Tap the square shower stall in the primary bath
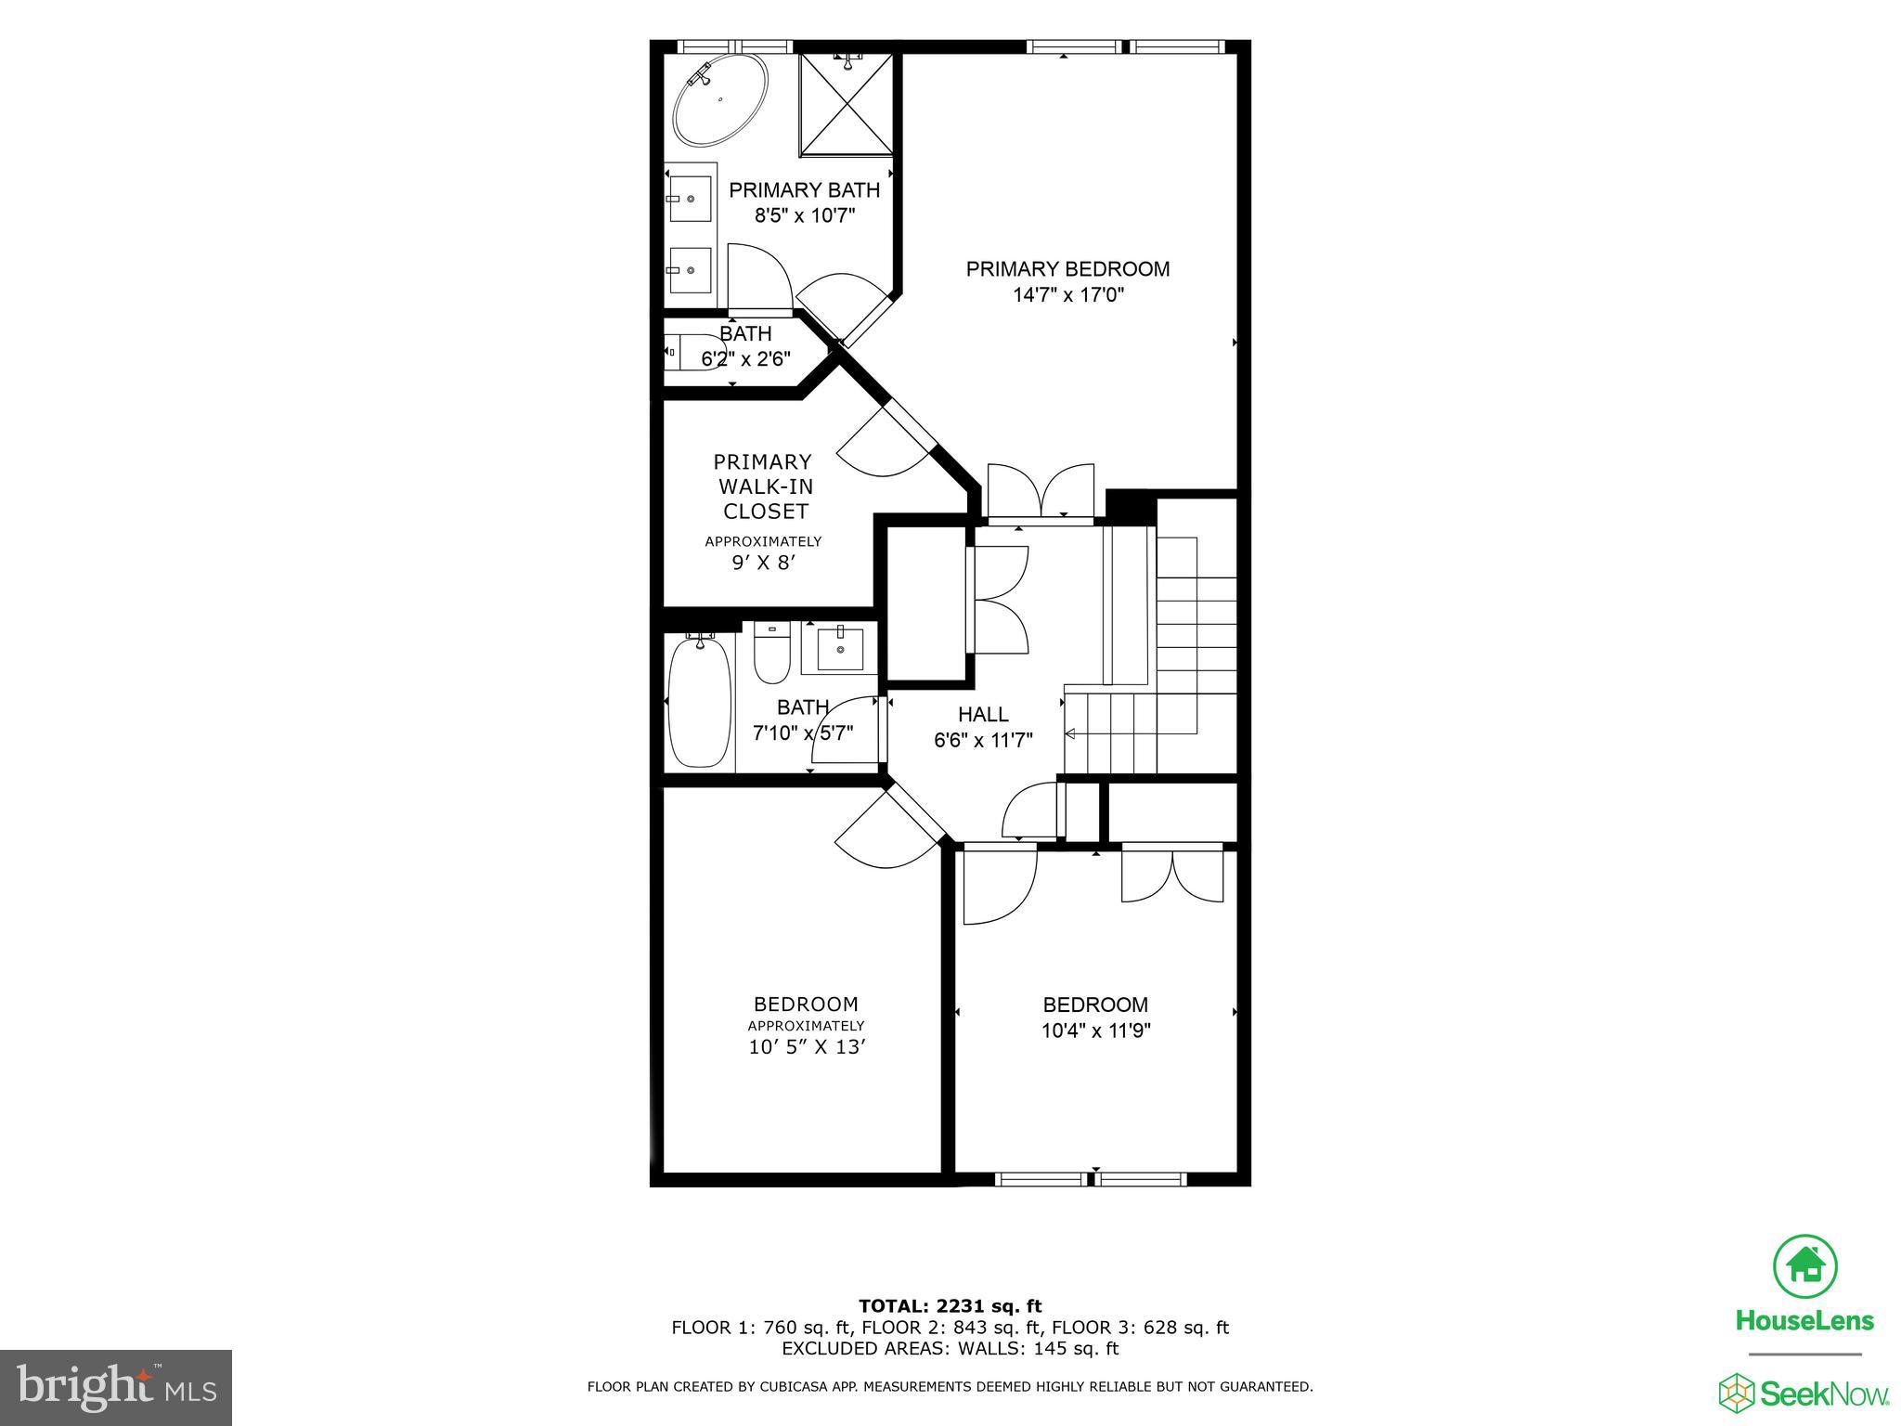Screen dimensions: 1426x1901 tap(847, 104)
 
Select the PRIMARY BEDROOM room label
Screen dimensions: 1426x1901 tap(1067, 269)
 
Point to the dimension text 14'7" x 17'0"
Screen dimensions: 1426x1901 tap(1068, 295)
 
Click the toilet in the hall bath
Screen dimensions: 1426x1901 tap(770, 654)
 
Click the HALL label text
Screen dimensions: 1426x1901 tap(983, 715)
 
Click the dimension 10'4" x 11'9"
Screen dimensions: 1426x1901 tap(1095, 1031)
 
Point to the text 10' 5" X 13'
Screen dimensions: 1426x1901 tap(807, 1048)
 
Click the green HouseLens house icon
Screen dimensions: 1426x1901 tap(1804, 1264)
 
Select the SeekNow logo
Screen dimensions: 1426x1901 tap(1804, 1393)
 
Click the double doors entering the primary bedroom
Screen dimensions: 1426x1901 tap(1041, 492)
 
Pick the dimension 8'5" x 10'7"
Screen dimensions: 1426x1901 tap(804, 216)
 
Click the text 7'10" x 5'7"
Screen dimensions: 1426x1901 tap(802, 733)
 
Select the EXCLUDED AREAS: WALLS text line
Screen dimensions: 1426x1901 tap(950, 1348)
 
